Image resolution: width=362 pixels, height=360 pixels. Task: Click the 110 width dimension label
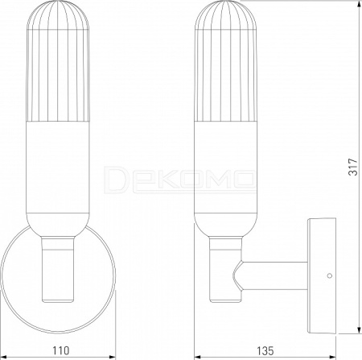click(x=60, y=350)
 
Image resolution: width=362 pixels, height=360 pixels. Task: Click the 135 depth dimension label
click(x=265, y=350)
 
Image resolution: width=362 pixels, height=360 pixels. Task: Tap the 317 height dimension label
click(x=353, y=167)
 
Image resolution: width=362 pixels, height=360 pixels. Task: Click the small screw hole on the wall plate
click(x=330, y=275)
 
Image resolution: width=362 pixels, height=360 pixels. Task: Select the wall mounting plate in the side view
click(x=322, y=275)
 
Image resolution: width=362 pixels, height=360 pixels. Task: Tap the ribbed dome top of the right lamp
click(x=226, y=14)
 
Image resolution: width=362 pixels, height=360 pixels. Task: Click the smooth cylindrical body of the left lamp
click(x=58, y=167)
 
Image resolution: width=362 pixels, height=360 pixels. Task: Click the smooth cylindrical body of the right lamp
click(x=226, y=167)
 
